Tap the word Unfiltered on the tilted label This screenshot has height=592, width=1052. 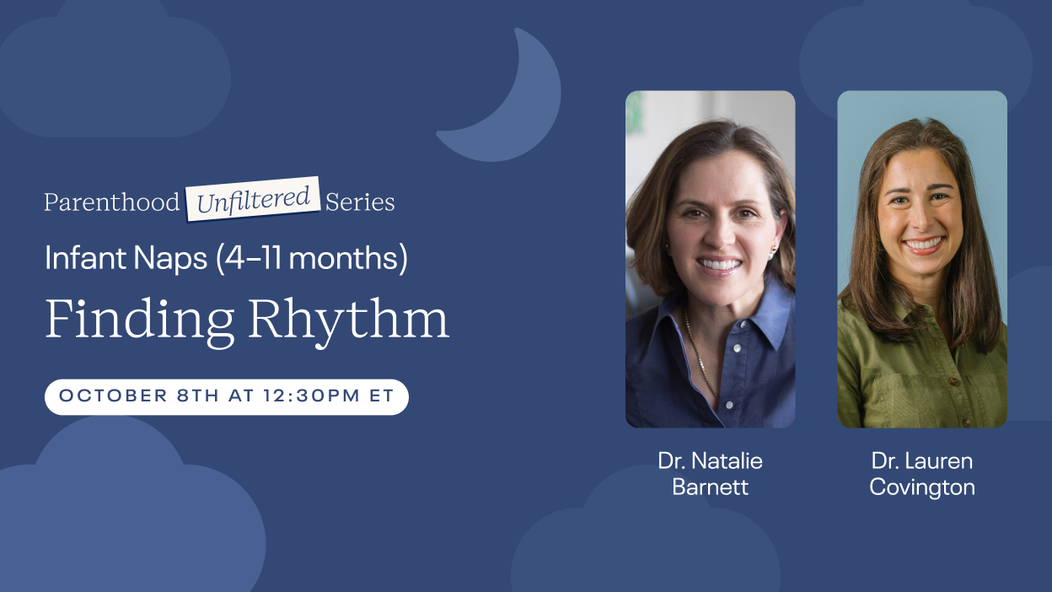point(253,200)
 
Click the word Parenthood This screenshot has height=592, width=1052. point(112,202)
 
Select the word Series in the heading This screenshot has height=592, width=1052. point(360,202)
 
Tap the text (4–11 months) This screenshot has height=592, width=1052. point(312,258)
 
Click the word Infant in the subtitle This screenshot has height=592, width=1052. point(86,257)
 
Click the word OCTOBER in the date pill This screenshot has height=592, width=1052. point(113,396)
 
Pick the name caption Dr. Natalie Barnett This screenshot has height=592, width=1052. point(710,474)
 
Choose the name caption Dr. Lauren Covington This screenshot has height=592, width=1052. point(922,474)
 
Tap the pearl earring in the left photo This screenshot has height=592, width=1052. point(772,254)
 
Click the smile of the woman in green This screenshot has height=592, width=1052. point(923,245)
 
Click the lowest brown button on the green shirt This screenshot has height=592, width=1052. point(966,422)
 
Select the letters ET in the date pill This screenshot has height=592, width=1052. point(381,396)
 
